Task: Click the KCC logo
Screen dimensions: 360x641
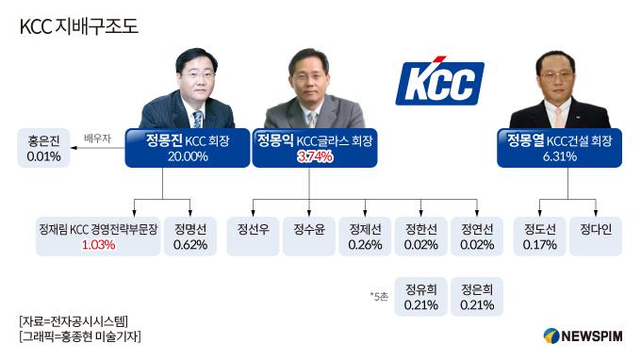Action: pos(439,82)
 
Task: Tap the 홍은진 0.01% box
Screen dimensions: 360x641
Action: pos(44,149)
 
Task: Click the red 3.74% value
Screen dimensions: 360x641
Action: pos(314,156)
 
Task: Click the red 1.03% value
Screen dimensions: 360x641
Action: pos(98,245)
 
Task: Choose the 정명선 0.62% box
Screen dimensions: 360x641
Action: pos(191,237)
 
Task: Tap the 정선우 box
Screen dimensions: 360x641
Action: pos(253,237)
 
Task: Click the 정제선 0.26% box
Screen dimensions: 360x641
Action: pos(365,237)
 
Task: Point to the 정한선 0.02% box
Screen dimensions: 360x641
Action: pos(420,237)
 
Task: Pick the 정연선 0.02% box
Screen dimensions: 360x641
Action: pos(475,237)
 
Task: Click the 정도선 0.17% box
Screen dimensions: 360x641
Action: pos(540,237)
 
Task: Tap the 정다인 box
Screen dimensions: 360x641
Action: pos(596,237)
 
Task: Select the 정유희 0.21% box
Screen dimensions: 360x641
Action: pos(420,296)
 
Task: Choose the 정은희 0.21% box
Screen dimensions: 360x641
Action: pos(475,296)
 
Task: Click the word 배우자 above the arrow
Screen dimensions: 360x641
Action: pos(98,137)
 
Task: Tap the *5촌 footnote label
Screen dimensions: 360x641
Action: pos(380,296)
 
